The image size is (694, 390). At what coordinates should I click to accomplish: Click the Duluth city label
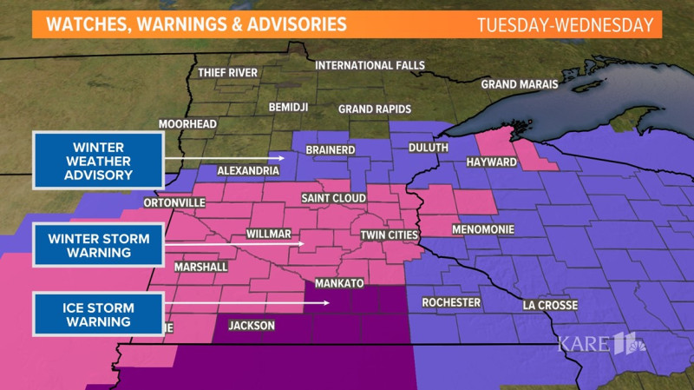click(429, 149)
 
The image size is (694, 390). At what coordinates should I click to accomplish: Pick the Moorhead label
click(187, 125)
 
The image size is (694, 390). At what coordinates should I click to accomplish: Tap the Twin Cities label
click(390, 235)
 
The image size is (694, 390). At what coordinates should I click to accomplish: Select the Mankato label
click(338, 284)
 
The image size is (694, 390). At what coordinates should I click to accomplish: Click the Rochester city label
click(451, 302)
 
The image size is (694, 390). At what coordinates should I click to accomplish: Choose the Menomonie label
click(484, 230)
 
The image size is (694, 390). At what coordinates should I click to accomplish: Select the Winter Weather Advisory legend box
click(98, 160)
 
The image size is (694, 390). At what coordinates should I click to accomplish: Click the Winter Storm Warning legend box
click(98, 245)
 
